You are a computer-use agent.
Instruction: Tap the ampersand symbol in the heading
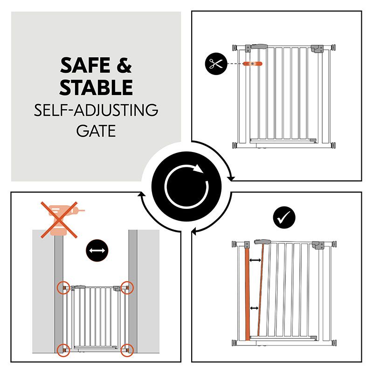[124, 65]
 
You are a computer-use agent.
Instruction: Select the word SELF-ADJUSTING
[96, 110]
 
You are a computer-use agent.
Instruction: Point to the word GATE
[96, 131]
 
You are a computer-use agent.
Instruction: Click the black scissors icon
[216, 63]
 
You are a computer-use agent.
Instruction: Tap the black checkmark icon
[284, 217]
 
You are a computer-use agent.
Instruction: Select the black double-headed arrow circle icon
[97, 250]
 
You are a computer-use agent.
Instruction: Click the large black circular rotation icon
[186, 186]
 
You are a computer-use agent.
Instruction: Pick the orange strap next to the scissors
[252, 64]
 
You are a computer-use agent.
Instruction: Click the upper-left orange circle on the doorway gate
[63, 288]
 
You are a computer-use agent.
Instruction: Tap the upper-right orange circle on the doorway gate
[127, 288]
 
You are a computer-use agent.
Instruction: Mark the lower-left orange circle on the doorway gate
[63, 350]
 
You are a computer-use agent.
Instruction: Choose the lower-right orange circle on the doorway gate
[127, 350]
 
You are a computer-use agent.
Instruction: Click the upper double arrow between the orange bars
[255, 260]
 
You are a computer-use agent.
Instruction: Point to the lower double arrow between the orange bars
[254, 308]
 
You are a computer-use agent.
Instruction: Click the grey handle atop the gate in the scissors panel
[259, 46]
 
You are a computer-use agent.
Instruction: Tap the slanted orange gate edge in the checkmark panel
[261, 290]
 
